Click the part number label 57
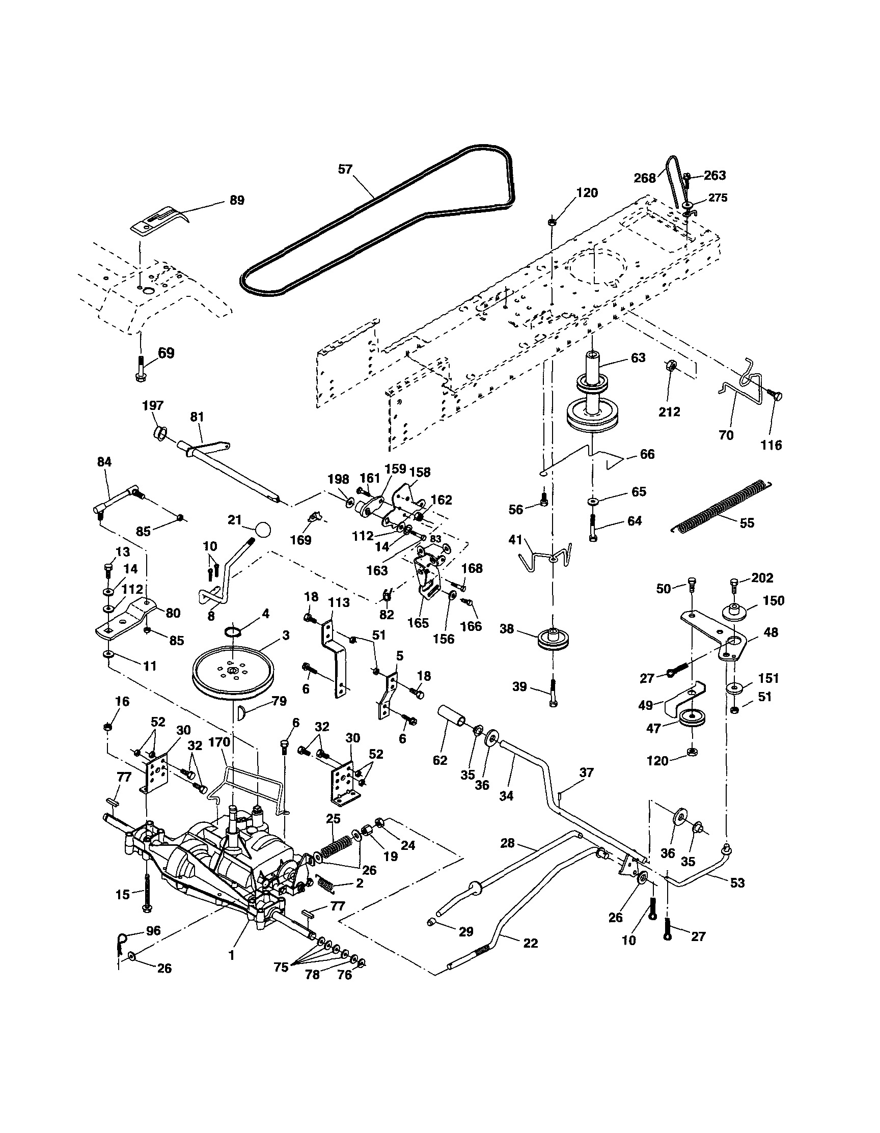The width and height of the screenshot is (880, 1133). point(345,169)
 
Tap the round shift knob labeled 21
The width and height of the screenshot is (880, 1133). point(263,530)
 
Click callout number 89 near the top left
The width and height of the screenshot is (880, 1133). point(237,200)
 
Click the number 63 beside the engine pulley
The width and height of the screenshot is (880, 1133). point(638,357)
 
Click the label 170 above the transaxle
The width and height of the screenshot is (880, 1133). point(219,742)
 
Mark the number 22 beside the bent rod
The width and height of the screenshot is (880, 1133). point(530,943)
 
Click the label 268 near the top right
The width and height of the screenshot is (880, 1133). point(645,178)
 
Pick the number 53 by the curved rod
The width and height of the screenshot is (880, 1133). point(737,882)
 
